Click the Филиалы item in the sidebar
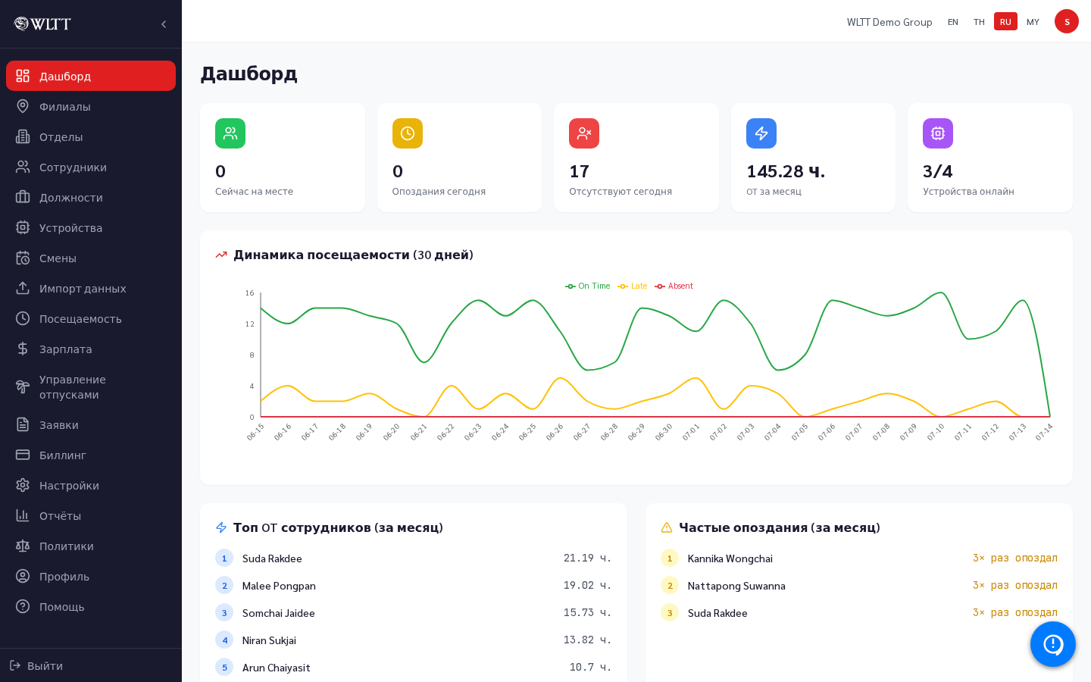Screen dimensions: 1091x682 coord(64,107)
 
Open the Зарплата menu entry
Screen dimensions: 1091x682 coord(65,349)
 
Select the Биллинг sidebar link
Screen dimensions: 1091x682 coord(62,455)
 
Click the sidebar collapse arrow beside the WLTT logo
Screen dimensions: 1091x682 coord(164,24)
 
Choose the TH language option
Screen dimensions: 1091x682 coord(979,22)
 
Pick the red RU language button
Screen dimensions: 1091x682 coord(1005,22)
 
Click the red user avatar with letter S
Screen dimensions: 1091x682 coord(1067,22)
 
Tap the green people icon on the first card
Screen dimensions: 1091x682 coord(230,133)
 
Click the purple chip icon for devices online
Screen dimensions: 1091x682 coord(938,133)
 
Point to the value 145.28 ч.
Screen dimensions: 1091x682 coord(786,171)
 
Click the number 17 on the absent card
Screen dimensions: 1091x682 coord(579,171)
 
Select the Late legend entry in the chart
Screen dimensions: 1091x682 coord(632,286)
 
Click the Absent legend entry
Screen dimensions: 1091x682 coord(674,286)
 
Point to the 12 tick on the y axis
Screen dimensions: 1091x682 coord(249,324)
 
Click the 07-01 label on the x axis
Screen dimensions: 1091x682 coord(691,432)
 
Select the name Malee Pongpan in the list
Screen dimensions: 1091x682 coord(279,586)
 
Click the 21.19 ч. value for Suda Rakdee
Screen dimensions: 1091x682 coord(587,558)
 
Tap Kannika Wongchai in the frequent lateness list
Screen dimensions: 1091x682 coord(730,558)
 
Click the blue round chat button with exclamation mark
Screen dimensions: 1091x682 coord(1052,644)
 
